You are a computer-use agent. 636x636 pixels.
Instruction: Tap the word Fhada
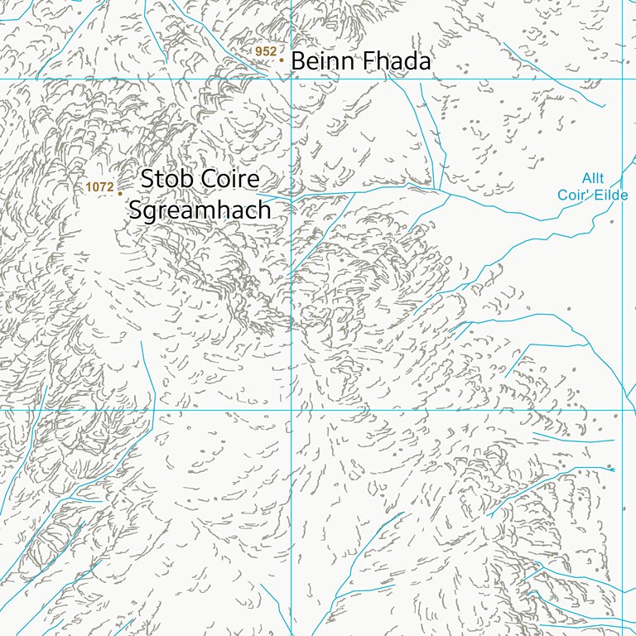click(x=396, y=61)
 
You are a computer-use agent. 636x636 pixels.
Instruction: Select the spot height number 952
click(x=266, y=51)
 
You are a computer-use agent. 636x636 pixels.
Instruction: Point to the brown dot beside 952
click(x=282, y=60)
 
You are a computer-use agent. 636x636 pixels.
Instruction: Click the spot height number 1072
click(x=99, y=188)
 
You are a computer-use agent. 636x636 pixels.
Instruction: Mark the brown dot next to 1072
click(x=120, y=193)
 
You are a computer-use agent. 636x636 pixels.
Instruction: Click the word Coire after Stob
click(x=229, y=179)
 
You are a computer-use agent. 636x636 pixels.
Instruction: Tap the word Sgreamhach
click(x=200, y=210)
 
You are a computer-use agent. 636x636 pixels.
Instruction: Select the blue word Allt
click(x=593, y=178)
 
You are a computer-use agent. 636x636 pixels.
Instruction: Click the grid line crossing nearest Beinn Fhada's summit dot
click(x=291, y=79)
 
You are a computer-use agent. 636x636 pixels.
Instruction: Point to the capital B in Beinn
click(x=298, y=61)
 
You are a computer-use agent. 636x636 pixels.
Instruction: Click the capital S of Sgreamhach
click(x=137, y=210)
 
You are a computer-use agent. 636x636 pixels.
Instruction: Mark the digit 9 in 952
click(x=259, y=51)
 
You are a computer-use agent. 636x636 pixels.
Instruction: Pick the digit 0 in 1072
click(x=95, y=188)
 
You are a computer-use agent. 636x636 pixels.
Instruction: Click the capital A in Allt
click(x=586, y=178)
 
